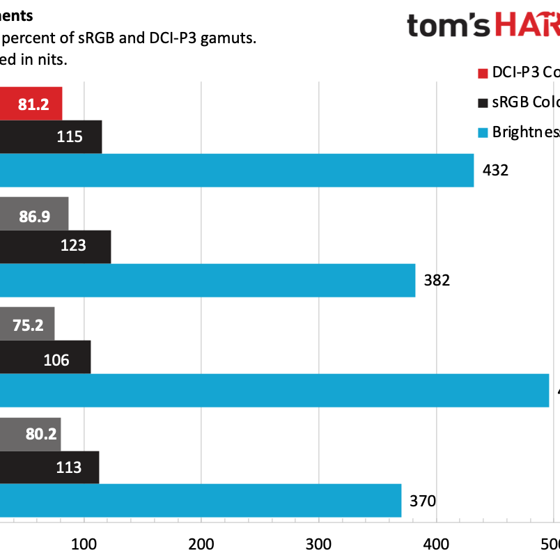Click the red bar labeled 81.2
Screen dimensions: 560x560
tap(31, 104)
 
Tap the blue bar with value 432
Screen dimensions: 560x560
tap(237, 170)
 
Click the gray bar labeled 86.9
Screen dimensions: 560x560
tap(34, 214)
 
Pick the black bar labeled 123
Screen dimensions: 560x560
tap(55, 247)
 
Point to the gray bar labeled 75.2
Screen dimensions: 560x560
tap(27, 324)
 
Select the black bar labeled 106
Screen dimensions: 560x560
tap(45, 357)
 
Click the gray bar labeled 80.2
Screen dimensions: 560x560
tap(30, 434)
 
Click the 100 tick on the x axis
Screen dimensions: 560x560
tap(84, 543)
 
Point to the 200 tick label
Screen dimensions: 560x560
tap(201, 543)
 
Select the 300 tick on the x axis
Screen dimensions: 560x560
tap(318, 543)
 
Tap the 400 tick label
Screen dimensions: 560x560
tap(436, 543)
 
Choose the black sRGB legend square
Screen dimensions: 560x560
tap(482, 102)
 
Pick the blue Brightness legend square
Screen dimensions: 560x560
tap(482, 132)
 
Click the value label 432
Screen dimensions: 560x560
tap(495, 170)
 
